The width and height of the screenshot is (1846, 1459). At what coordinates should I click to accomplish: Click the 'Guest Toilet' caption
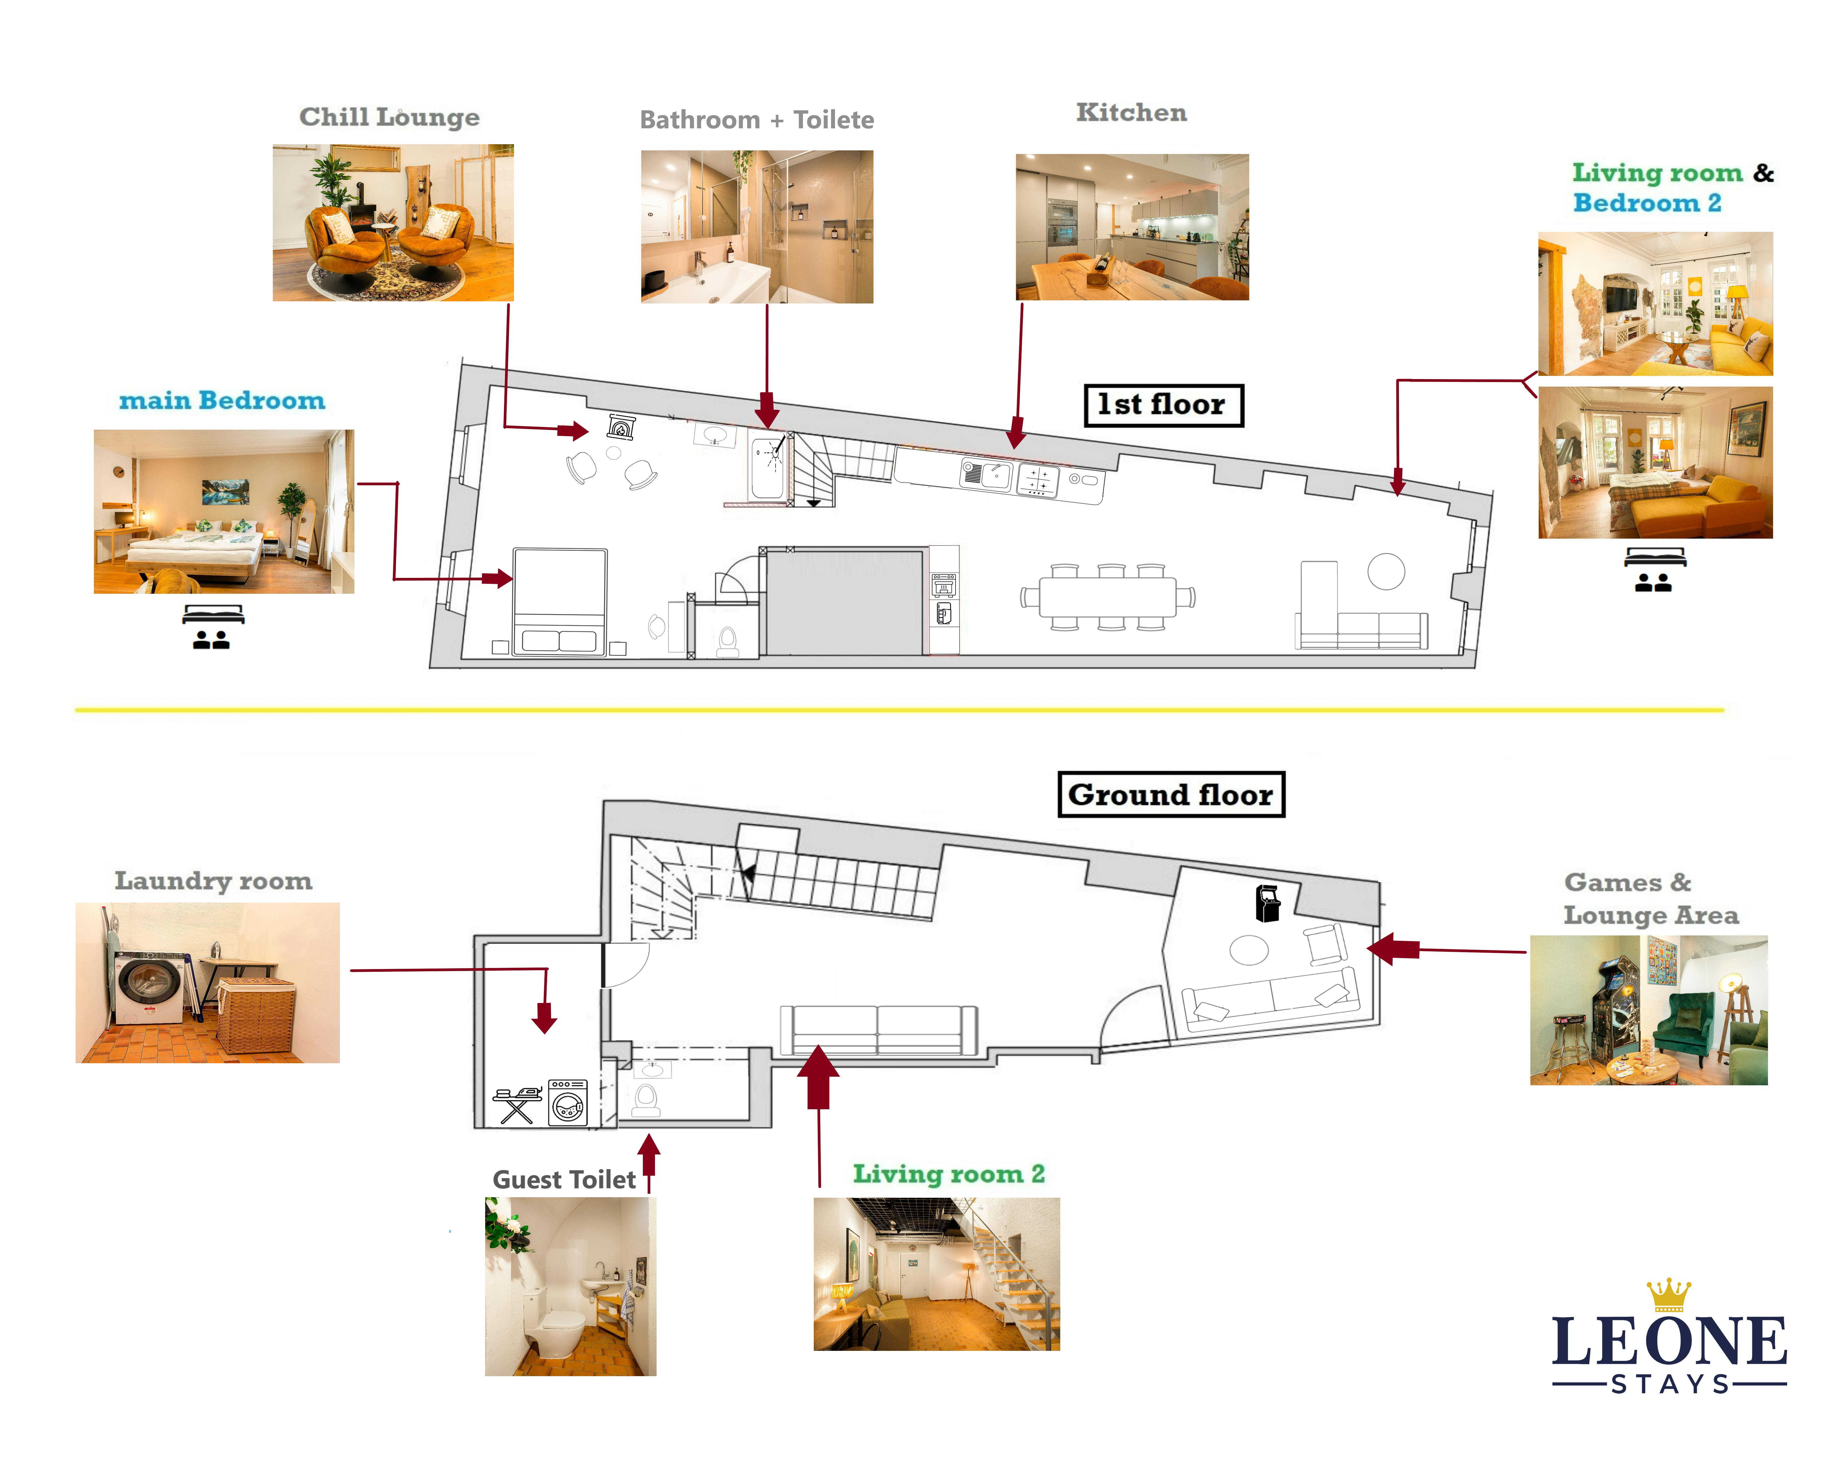click(x=564, y=1180)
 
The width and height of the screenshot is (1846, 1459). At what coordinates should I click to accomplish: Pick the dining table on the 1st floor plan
click(x=1108, y=597)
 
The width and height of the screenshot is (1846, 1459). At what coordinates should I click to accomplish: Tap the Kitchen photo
click(x=1132, y=227)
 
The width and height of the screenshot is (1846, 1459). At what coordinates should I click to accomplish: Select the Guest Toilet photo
click(x=571, y=1285)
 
